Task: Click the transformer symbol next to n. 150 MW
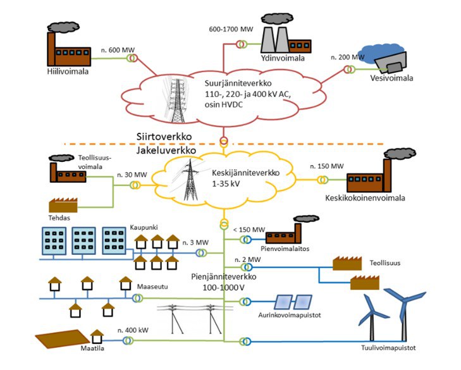pyautogui.click(x=323, y=180)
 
